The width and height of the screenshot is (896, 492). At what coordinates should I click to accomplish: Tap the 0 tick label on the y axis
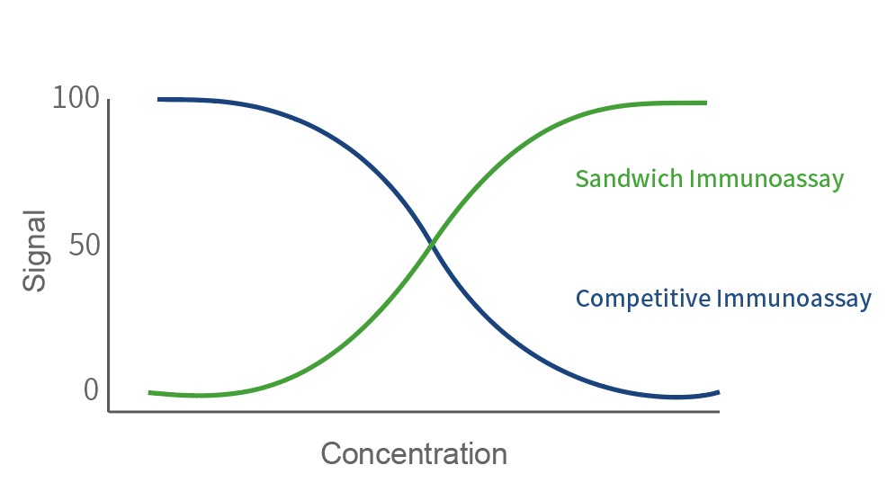(x=91, y=390)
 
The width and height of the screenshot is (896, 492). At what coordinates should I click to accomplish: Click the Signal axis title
(x=34, y=251)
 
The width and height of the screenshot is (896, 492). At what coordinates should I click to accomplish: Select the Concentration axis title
(x=414, y=453)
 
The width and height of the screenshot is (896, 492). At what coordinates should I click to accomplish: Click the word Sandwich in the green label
(x=630, y=178)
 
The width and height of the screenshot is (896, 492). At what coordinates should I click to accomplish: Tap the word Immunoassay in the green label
(x=766, y=178)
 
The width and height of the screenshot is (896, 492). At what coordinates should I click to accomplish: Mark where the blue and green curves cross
(x=432, y=244)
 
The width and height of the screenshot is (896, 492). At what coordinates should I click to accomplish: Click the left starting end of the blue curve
(x=159, y=99)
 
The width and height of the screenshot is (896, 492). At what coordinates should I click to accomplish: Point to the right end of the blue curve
(x=718, y=391)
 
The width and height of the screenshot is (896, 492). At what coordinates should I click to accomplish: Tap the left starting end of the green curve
(x=150, y=392)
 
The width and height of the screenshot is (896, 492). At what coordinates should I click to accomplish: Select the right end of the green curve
(x=706, y=103)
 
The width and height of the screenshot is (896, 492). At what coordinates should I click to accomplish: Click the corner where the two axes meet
(x=109, y=411)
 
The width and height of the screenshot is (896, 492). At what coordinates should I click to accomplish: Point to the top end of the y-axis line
(x=109, y=100)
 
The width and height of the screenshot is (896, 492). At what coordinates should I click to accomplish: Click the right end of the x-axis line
(x=718, y=411)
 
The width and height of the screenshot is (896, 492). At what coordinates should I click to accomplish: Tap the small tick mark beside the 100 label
(x=107, y=100)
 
